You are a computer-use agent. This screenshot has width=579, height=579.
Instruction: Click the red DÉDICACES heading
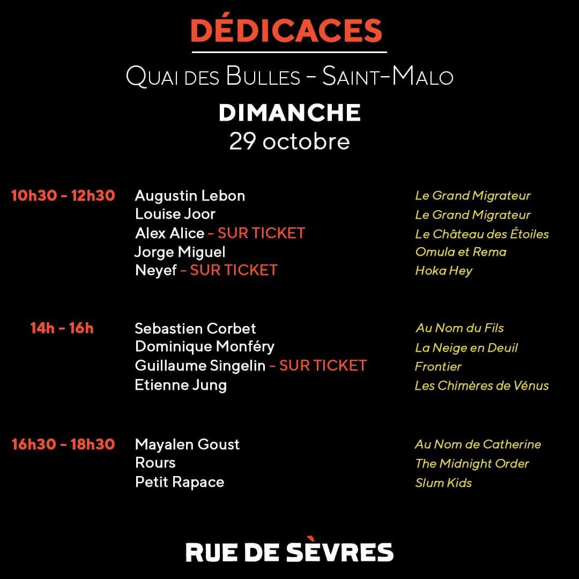click(286, 31)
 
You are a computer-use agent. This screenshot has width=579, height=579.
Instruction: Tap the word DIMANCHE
click(289, 113)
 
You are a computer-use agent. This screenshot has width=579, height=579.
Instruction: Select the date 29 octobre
click(289, 141)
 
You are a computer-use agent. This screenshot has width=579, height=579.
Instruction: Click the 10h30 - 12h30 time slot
click(63, 196)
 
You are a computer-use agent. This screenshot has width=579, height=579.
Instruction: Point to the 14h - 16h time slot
click(62, 328)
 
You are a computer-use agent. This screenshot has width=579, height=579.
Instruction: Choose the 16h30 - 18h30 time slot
click(63, 444)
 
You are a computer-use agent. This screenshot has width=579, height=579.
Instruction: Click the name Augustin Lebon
click(190, 196)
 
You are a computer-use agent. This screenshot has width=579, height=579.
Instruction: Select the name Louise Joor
click(175, 214)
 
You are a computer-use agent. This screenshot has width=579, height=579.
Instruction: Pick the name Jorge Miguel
click(180, 251)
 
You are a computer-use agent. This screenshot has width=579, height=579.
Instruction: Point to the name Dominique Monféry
click(205, 346)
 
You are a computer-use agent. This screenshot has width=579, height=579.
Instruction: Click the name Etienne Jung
click(181, 385)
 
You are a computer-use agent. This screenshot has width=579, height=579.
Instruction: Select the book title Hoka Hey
click(444, 270)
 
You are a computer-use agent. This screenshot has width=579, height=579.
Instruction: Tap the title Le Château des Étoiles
click(482, 234)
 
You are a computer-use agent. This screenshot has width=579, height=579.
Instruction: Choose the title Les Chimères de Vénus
click(482, 385)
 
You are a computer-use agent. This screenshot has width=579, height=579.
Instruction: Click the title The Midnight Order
click(472, 463)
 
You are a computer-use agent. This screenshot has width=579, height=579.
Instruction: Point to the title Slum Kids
click(443, 482)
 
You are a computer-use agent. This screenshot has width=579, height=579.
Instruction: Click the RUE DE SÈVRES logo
click(289, 552)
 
